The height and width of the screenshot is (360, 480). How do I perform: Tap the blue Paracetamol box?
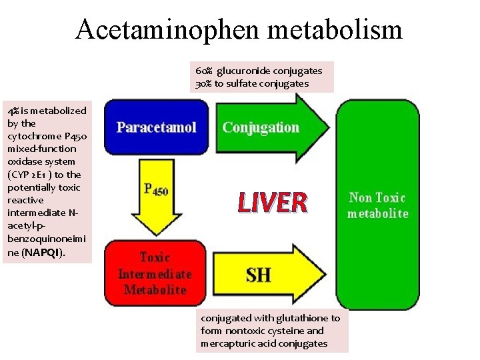pos(156,127)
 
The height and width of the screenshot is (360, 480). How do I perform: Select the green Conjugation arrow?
pos(267,127)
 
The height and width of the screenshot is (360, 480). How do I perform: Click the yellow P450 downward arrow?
pos(156,190)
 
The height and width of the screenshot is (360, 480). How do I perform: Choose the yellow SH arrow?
pos(267,273)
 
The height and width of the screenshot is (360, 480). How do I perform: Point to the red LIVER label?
pos(273,202)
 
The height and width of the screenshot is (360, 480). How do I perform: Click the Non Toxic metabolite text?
pos(377,205)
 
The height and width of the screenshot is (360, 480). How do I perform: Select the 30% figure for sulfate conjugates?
pos(203,84)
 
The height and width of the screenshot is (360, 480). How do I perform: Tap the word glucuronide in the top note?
pos(244,71)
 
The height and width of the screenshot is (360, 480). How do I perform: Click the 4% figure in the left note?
pos(13,111)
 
